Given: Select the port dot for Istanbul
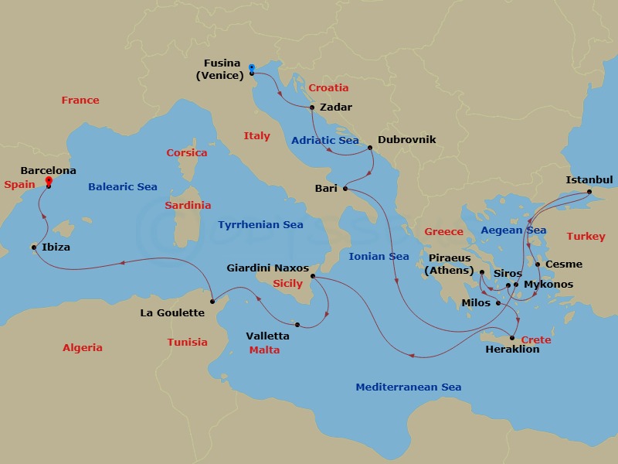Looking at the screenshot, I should tap(589, 191).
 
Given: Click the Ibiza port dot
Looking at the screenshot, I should tap(33, 247).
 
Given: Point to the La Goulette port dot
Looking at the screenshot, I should tap(212, 301).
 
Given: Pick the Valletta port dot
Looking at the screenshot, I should tap(297, 325).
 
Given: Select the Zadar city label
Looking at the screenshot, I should tap(335, 107).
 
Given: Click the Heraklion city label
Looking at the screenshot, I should tap(512, 350).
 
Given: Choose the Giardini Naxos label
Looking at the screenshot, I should tap(267, 268).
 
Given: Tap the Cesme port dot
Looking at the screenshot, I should tap(538, 264).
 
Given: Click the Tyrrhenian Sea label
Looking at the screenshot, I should tap(260, 225).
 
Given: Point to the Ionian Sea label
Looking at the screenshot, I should tap(379, 257).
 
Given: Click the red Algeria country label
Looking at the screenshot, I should tap(82, 348).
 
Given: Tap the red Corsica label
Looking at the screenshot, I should tap(187, 153).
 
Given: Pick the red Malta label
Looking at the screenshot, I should tap(264, 350).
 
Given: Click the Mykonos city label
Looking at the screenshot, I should tap(548, 285).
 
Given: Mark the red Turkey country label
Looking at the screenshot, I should tap(586, 237).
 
